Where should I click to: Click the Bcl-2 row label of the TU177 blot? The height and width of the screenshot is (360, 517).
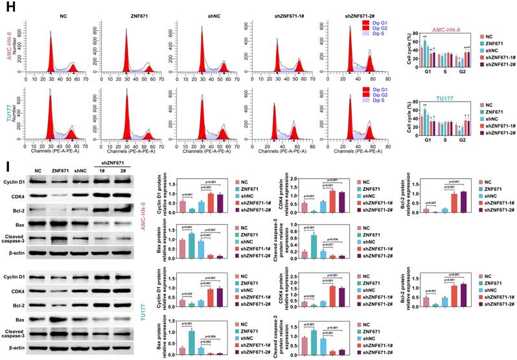click(17, 302)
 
